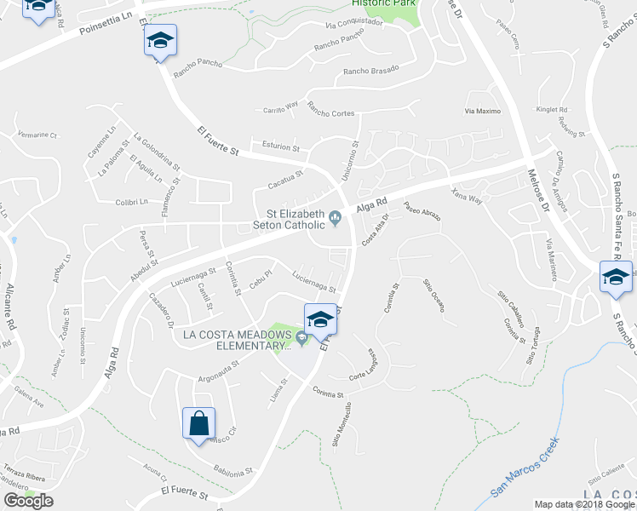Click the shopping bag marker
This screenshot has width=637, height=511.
point(198,423)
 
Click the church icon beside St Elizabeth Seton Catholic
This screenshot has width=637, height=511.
point(336,219)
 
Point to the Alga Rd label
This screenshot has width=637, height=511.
point(371,204)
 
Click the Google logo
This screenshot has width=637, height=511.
point(28,500)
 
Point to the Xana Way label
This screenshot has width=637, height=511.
point(467,195)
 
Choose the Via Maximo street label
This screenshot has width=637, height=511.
point(482,112)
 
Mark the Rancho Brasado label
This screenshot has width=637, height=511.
point(370,72)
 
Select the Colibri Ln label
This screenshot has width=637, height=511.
point(132,202)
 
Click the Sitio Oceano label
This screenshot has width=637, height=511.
point(433,295)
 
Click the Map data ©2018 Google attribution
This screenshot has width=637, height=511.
point(584,504)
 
